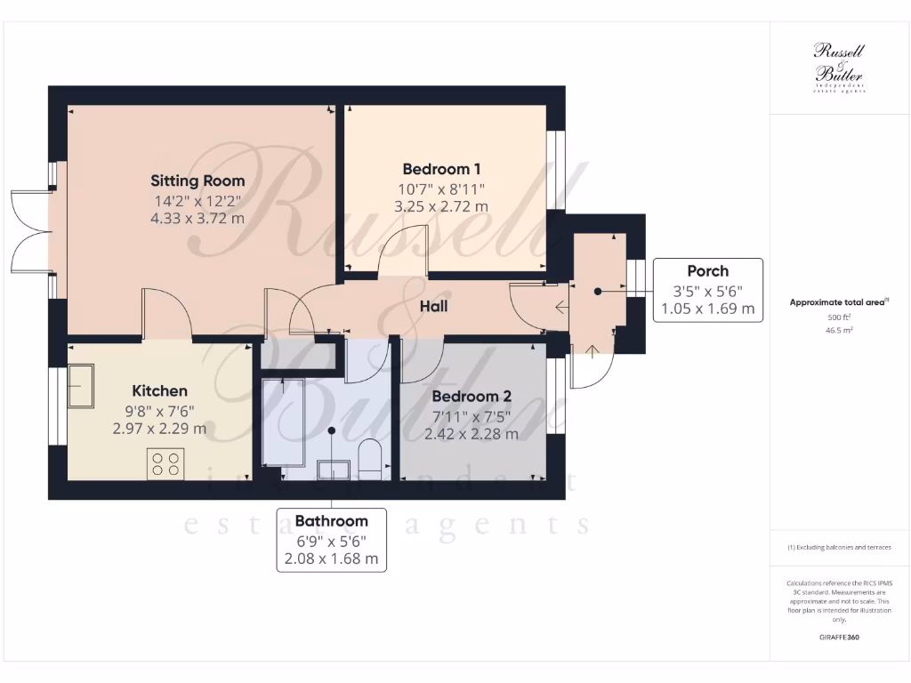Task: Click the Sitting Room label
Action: tap(198, 181)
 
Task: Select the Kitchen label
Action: tap(160, 390)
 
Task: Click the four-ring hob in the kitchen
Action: tap(165, 463)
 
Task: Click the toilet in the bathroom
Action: tap(369, 459)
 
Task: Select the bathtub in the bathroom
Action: tap(283, 421)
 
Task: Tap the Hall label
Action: tap(433, 307)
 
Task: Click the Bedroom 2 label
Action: tap(472, 396)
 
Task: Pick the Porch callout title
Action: tap(707, 271)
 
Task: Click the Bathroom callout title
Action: tap(331, 521)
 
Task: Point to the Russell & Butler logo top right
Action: tap(839, 67)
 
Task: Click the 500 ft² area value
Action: tap(839, 317)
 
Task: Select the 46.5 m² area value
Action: tap(839, 329)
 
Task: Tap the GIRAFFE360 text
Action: tap(839, 638)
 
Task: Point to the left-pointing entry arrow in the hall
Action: tap(560, 309)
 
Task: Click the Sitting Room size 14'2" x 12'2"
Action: tap(198, 200)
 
